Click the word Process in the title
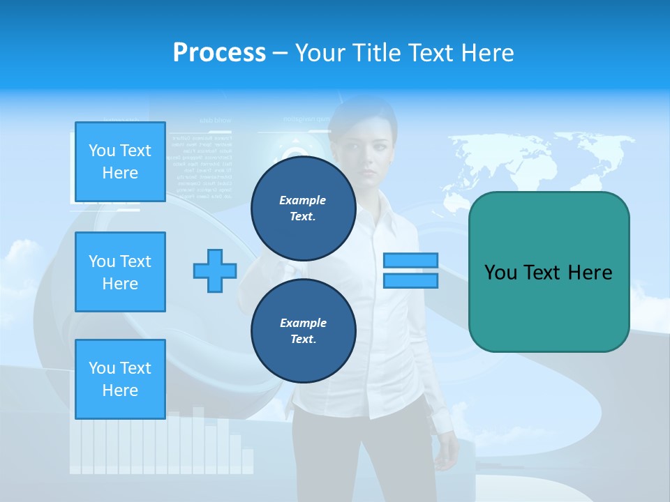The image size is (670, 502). click(x=219, y=52)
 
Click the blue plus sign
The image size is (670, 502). click(x=215, y=271)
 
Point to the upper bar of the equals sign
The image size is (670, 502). click(x=410, y=260)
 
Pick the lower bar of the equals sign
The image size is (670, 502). click(x=410, y=280)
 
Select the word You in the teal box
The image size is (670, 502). click(x=500, y=273)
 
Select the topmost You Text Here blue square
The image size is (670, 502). click(x=120, y=162)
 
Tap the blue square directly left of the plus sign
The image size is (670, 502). click(x=120, y=272)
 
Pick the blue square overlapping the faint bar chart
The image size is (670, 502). click(x=120, y=379)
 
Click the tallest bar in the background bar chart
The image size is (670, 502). click(x=198, y=439)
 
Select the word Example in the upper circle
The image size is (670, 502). click(x=303, y=200)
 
